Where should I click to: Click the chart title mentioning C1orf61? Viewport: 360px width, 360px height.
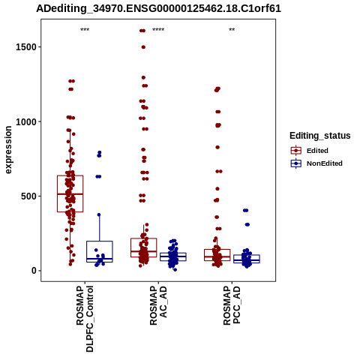[x=158, y=8]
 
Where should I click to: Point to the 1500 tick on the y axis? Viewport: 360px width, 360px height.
[x=26, y=47]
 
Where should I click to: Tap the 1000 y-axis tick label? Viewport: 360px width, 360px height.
[x=26, y=121]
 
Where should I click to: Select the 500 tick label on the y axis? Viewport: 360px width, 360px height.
[x=28, y=196]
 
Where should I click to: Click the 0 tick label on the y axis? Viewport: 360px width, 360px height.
[x=34, y=271]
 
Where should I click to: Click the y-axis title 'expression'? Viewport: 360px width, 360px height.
[x=8, y=150]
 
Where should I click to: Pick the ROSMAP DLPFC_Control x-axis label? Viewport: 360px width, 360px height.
[x=85, y=319]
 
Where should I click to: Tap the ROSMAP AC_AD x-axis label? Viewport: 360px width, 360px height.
[x=158, y=305]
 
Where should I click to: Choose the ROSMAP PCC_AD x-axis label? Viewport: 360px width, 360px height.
[x=232, y=305]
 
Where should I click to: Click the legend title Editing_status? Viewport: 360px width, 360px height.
[x=320, y=136]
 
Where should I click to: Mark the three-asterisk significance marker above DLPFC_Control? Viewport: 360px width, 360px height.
[x=85, y=30]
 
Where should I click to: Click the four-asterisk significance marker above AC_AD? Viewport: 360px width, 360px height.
[x=158, y=30]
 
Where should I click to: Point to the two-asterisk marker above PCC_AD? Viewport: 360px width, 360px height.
[x=232, y=30]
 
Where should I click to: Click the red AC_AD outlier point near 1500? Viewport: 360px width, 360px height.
[x=143, y=47]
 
